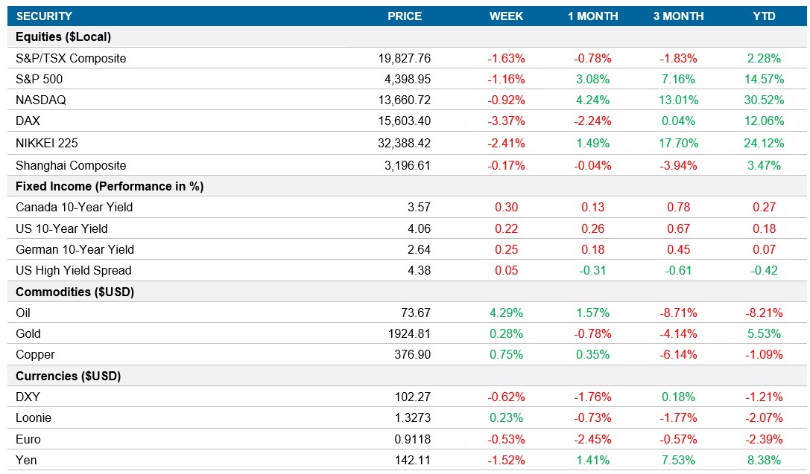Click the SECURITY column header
tap(44, 16)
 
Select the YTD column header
tap(764, 16)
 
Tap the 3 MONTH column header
tap(679, 16)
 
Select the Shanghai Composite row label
tap(71, 165)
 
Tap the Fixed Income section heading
tap(110, 186)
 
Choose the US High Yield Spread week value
tap(506, 270)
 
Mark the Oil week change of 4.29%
tap(506, 313)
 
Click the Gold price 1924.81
tap(409, 333)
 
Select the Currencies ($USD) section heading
tap(68, 376)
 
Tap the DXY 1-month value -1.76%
tap(593, 397)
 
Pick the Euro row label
tap(28, 439)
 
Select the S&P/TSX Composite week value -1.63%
tap(506, 58)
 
